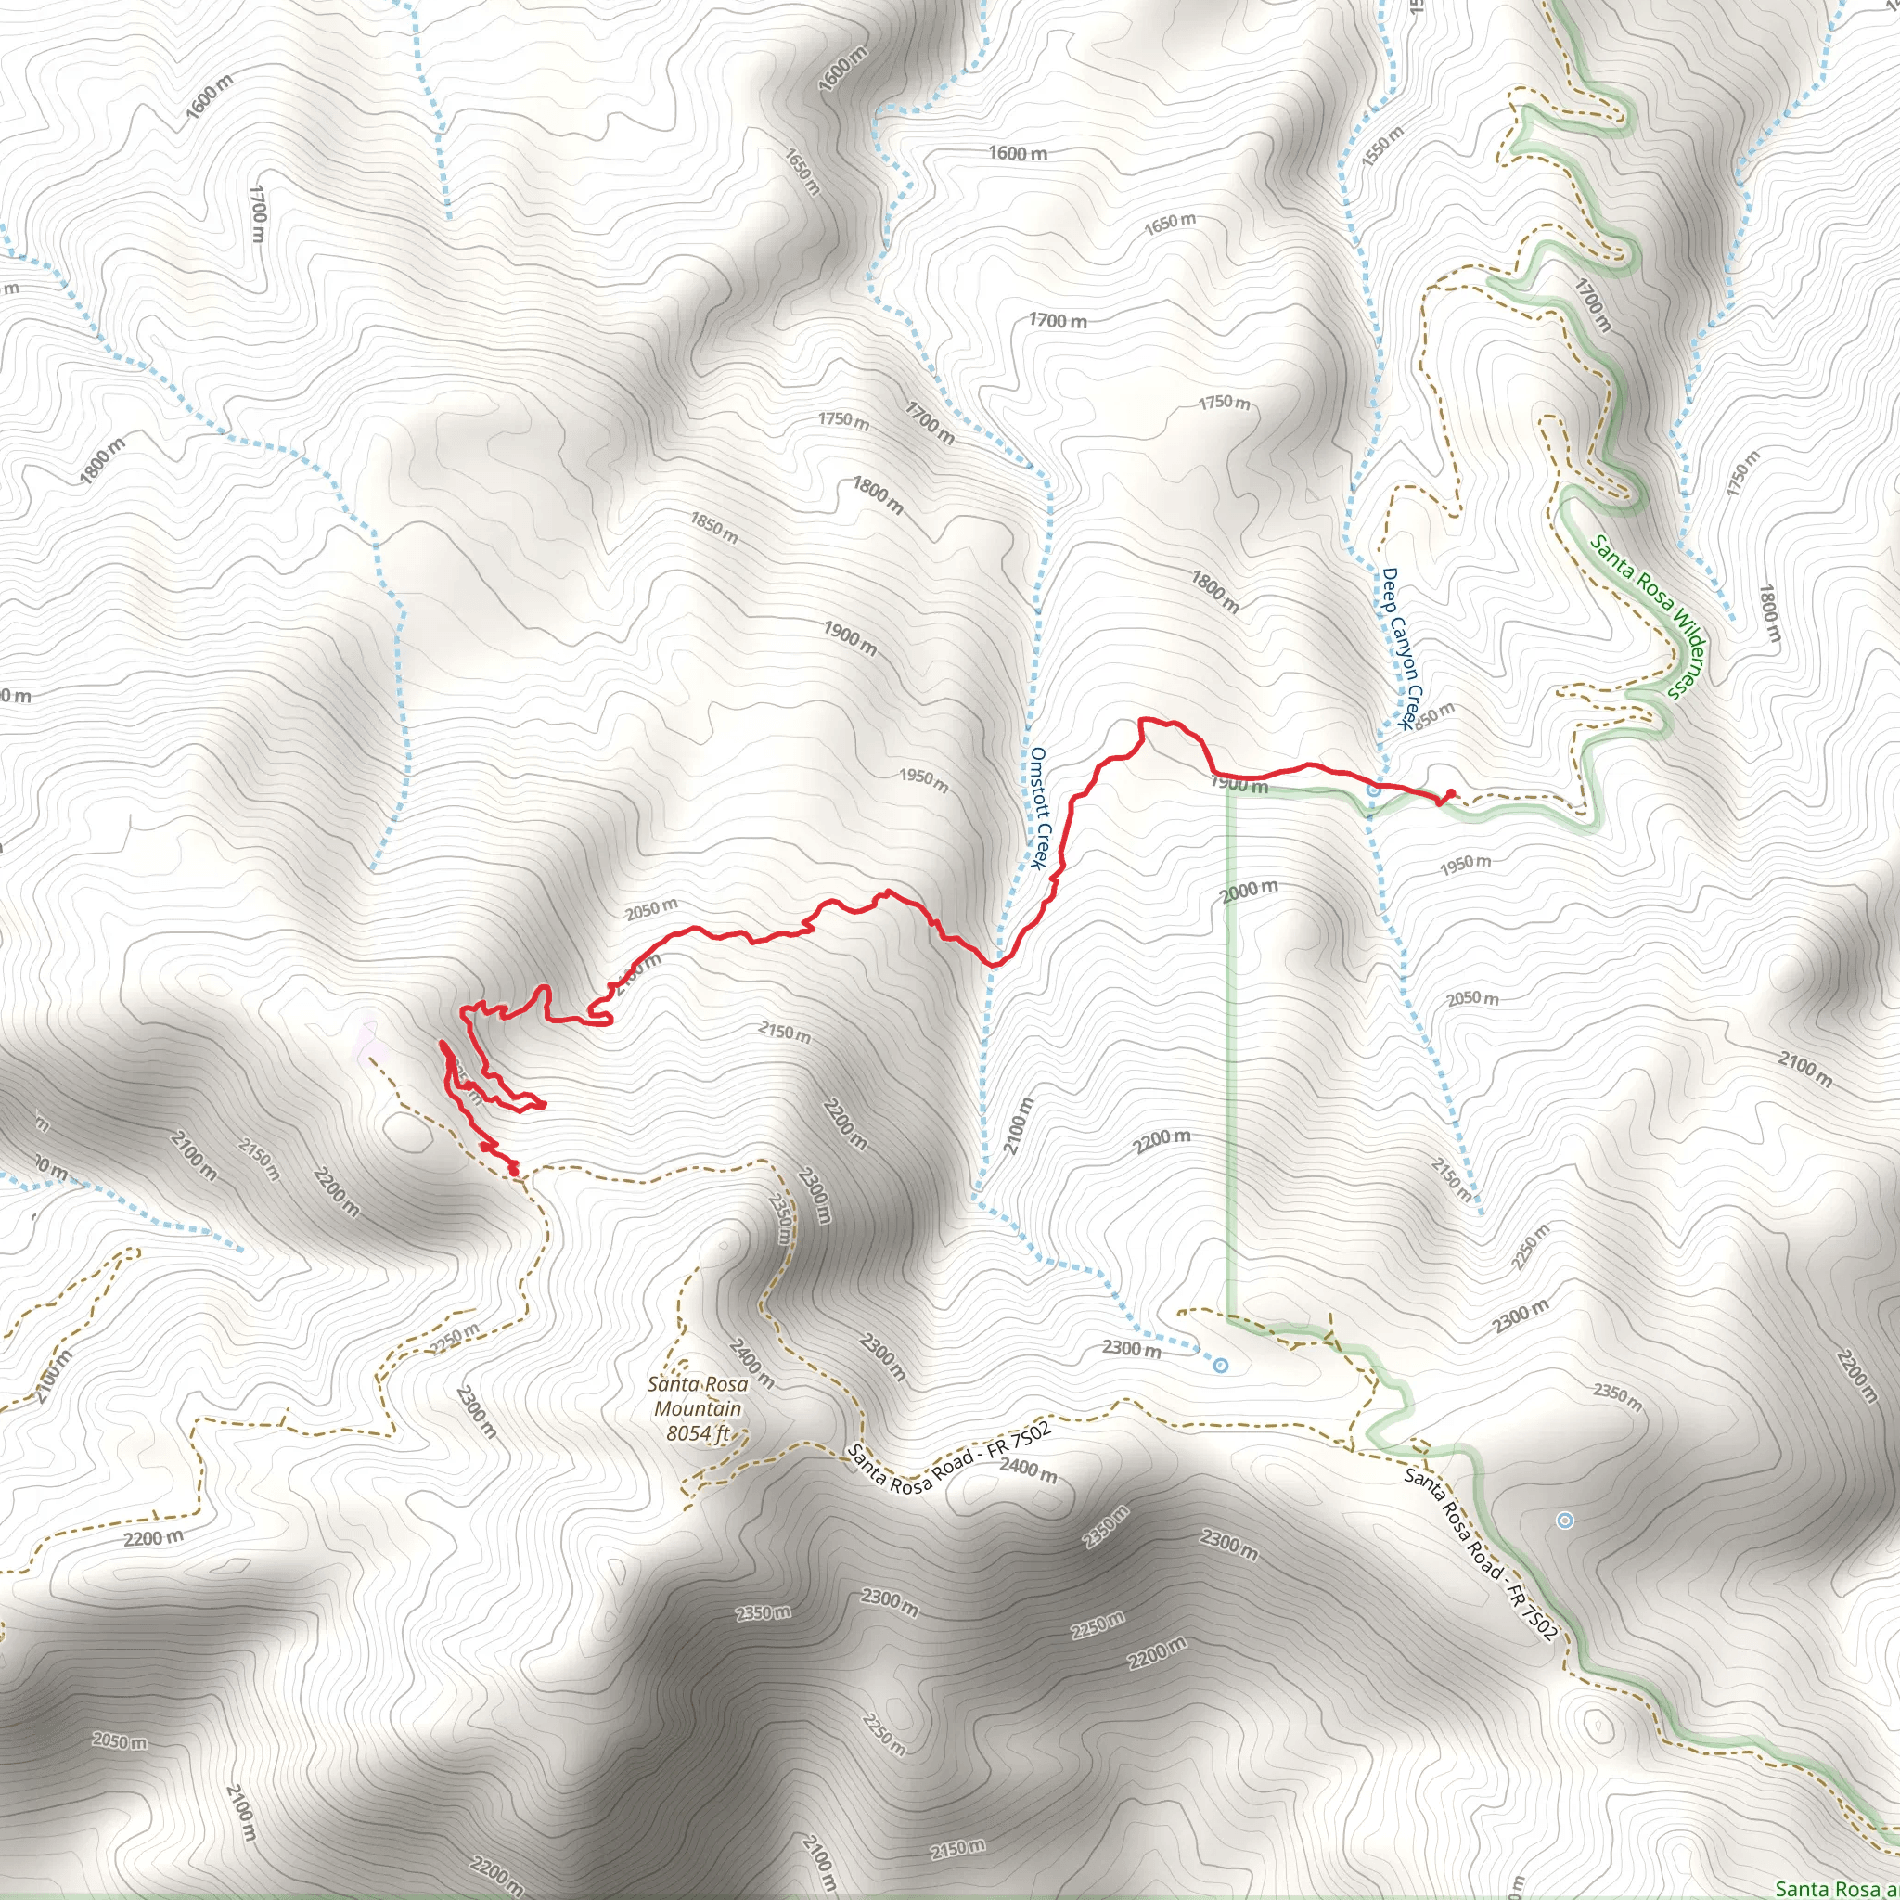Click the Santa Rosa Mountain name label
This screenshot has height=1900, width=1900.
click(698, 1395)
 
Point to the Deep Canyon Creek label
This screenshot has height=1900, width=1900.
click(1397, 648)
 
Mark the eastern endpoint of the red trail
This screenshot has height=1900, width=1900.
click(1451, 793)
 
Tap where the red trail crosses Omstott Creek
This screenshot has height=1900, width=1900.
click(995, 963)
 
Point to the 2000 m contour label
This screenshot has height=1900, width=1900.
click(1249, 890)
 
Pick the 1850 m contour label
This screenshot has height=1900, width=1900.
click(713, 527)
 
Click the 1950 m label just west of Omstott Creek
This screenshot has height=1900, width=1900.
click(923, 780)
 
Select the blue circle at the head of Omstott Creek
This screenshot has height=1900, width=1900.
click(1221, 1365)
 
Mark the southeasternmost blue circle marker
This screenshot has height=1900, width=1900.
click(1565, 1521)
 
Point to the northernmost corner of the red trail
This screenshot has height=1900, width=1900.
click(1142, 720)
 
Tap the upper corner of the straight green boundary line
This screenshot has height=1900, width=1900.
click(1228, 788)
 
